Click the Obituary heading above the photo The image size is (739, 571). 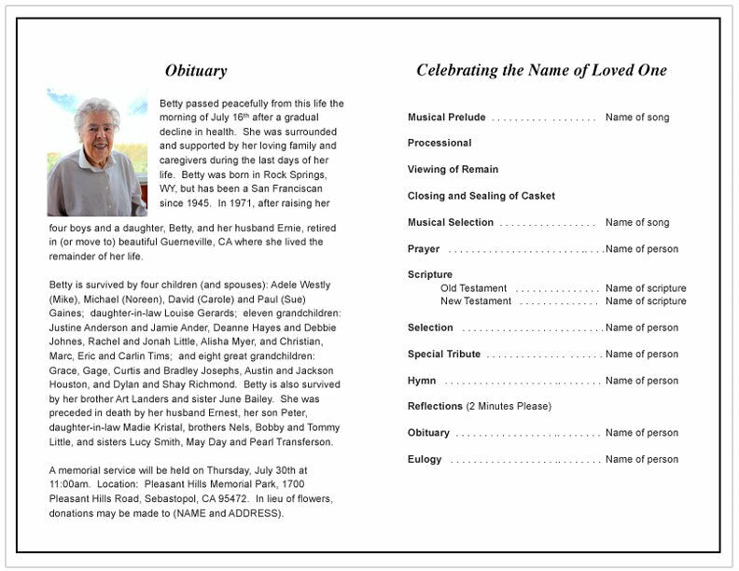(x=196, y=71)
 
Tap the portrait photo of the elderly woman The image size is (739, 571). (x=97, y=152)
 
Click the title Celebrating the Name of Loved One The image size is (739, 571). (x=541, y=71)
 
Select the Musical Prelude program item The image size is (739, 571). (x=446, y=118)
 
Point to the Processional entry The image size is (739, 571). (x=439, y=144)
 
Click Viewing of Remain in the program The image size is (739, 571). (x=453, y=170)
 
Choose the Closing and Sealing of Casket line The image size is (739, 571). (x=481, y=196)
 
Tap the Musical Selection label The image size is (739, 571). (x=450, y=223)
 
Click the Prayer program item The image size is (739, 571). (x=423, y=249)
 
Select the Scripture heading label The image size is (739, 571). (x=429, y=275)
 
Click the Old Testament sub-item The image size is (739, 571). (x=473, y=288)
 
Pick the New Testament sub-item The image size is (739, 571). (x=476, y=301)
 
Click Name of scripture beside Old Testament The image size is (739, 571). (x=645, y=288)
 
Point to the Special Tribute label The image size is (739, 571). (x=444, y=355)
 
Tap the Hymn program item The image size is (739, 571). (x=421, y=381)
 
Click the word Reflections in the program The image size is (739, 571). (x=435, y=407)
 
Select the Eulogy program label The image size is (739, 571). (x=425, y=460)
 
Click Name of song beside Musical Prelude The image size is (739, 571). (x=637, y=118)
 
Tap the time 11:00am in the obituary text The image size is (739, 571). (x=70, y=485)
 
